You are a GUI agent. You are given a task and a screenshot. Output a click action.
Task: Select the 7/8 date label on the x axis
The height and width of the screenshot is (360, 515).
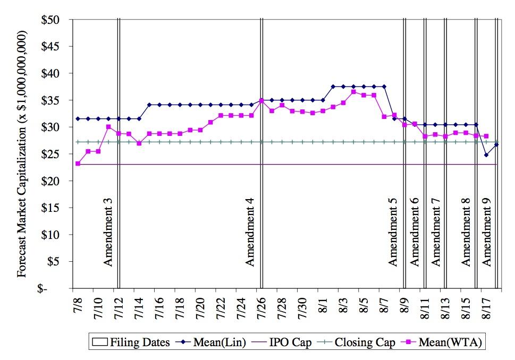point(78,308)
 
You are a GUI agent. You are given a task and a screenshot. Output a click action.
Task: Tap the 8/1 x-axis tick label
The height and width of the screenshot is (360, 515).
point(323,308)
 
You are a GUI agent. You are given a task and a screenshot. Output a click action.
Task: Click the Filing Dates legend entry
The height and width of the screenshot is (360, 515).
point(134,342)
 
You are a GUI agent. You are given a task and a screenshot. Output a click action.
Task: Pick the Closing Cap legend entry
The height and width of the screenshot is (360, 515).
point(357,342)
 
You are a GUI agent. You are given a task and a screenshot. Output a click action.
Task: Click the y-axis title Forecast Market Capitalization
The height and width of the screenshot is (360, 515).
point(22,154)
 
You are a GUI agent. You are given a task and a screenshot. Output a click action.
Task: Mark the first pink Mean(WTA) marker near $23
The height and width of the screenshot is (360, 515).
point(78,164)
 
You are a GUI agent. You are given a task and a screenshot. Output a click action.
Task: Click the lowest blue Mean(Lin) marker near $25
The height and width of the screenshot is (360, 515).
point(486,155)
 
